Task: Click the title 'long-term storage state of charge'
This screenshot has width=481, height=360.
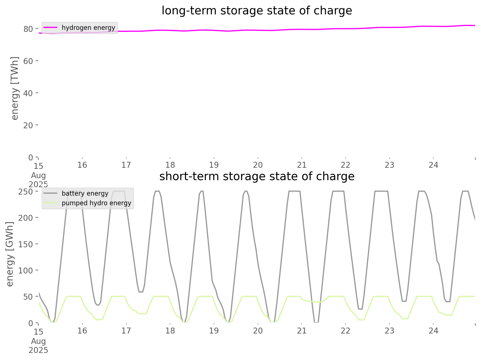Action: click(257, 11)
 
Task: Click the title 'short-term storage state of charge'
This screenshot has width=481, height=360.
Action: click(257, 176)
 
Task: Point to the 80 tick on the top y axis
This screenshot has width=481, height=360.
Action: click(28, 29)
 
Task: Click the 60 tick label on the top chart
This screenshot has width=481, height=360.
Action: click(28, 61)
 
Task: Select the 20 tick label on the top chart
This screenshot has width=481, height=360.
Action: click(28, 125)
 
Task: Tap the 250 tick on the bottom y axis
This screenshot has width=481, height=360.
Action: click(26, 191)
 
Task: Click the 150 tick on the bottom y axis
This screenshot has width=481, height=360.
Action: click(26, 244)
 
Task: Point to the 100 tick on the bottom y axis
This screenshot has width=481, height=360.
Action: click(26, 270)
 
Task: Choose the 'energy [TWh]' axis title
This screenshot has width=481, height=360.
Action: click(15, 88)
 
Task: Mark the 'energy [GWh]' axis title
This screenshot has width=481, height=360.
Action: click(10, 254)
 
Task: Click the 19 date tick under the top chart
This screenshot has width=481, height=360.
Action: click(214, 165)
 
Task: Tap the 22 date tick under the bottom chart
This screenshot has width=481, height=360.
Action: click(346, 331)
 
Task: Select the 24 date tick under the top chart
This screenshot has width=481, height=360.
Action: click(434, 165)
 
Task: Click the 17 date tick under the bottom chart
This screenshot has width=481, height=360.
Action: click(126, 331)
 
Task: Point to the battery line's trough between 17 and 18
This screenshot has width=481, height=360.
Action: click(141, 292)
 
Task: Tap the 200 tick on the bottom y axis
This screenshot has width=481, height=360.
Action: click(26, 218)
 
